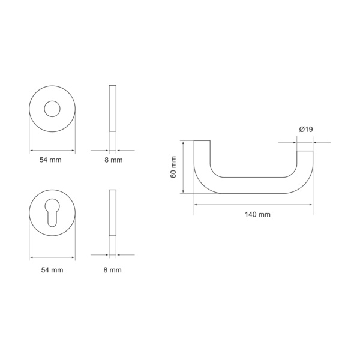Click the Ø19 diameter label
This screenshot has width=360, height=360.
(306, 130)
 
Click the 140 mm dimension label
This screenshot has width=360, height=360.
(257, 215)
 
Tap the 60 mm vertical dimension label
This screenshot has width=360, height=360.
(173, 167)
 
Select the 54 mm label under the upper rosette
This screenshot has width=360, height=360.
(50, 160)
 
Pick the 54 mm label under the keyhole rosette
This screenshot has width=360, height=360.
(52, 270)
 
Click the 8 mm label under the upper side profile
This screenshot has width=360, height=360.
(113, 160)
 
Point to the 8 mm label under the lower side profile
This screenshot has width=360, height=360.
(112, 270)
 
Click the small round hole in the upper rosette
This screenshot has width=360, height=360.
(52, 109)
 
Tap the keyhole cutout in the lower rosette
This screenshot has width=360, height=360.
(52, 212)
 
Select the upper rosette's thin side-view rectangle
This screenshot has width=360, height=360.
(113, 109)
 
